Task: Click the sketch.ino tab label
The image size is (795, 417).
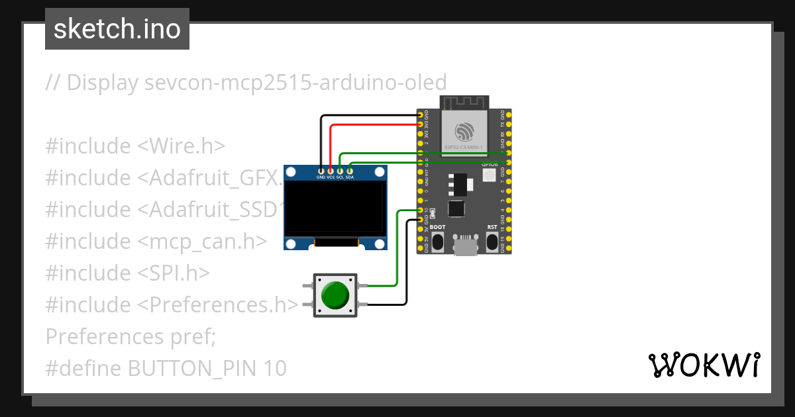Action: point(117,29)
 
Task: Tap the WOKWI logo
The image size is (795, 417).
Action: point(703,365)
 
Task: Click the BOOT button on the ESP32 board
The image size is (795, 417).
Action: point(437,241)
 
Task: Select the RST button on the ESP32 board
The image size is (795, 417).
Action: point(492,241)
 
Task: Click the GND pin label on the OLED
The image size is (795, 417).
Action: point(321,177)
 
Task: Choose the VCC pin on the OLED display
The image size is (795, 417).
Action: point(331,177)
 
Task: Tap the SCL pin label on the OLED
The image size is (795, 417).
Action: point(340,177)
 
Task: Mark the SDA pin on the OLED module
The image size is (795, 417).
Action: point(350,177)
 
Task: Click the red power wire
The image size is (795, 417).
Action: point(371,124)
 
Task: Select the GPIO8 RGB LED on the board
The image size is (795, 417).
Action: point(489,175)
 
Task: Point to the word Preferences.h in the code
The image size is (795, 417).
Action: point(222,304)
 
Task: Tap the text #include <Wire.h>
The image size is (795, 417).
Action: point(136,146)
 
